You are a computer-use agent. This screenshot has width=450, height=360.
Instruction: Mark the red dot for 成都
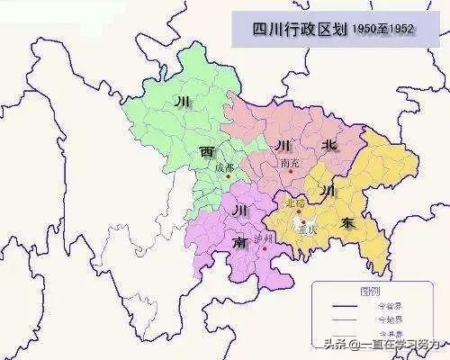click(229, 175)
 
